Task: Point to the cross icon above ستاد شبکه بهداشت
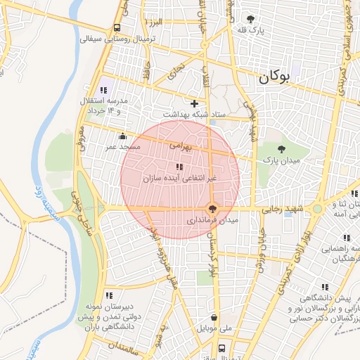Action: (x=194, y=103)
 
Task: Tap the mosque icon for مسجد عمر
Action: (x=124, y=136)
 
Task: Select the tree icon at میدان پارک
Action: (x=281, y=148)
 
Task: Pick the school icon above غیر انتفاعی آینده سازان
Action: (x=179, y=167)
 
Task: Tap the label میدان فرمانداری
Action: (x=212, y=220)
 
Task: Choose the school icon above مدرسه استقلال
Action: (x=104, y=90)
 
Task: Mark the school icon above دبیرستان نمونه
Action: (x=108, y=295)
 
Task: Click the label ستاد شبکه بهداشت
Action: (x=194, y=114)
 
